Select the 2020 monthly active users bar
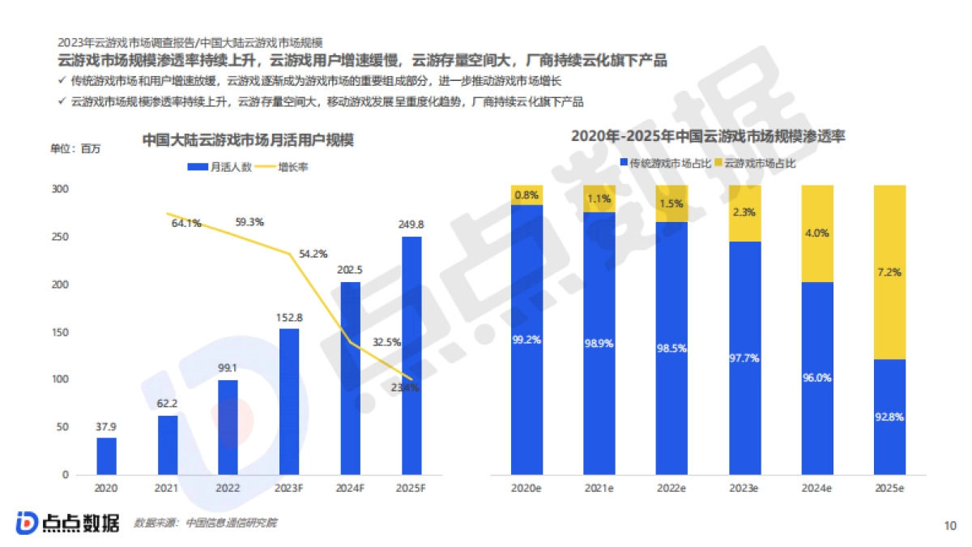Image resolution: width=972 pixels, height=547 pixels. [107, 456]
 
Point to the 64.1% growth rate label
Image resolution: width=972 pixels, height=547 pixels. [186, 224]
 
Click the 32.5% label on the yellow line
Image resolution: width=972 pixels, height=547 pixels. [387, 342]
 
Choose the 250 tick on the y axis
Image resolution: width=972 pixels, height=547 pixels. [61, 237]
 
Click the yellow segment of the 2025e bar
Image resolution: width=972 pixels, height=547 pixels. [889, 271]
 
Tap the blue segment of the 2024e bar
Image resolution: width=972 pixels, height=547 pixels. [816, 378]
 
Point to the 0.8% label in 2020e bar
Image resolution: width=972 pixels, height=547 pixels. [526, 195]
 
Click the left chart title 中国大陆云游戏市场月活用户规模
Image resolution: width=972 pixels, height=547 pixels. [248, 139]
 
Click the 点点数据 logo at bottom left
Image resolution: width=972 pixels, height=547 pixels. [66, 523]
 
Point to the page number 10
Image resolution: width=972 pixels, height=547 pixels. [951, 525]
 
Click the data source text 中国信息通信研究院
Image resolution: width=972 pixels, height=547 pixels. [231, 523]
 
